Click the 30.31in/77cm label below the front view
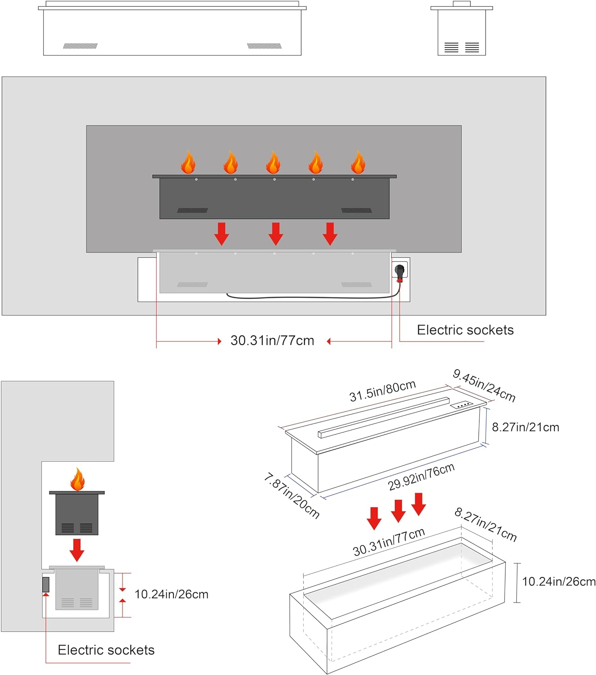coord(272,341)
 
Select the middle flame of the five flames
coord(273,162)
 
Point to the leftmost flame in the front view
coord(188,162)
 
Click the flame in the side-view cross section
coord(77,480)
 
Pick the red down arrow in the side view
coord(77,549)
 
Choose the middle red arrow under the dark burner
coord(276,234)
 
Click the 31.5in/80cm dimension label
coord(382,391)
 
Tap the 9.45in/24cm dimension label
coord(484,385)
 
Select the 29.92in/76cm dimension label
coord(421,477)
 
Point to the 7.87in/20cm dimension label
coord(292,495)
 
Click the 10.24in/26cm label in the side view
coord(171,594)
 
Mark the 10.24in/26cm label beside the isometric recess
coord(559,582)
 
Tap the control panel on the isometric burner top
coord(462,405)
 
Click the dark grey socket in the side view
coord(45,585)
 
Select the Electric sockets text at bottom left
coord(106,650)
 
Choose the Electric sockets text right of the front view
coord(465,330)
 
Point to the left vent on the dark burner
coord(192,210)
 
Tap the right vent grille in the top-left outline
coord(264,46)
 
